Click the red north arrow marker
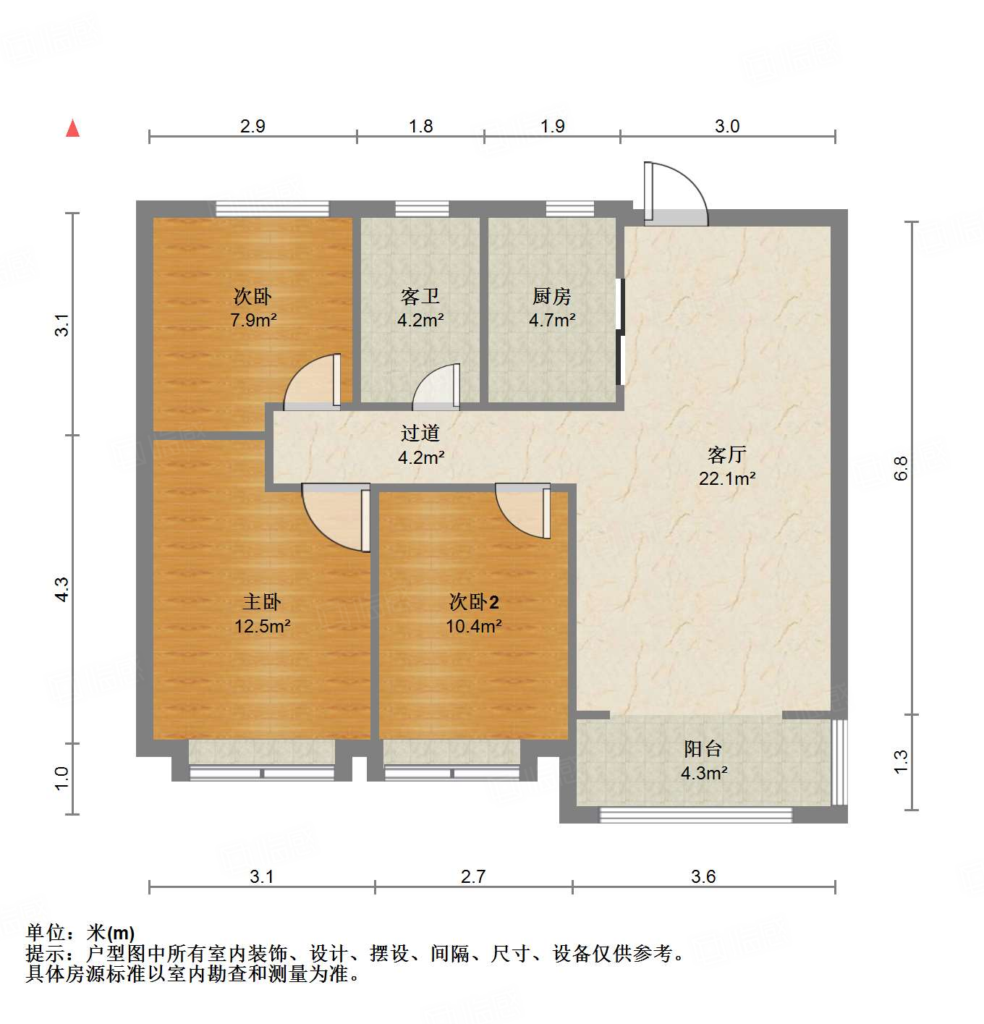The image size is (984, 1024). point(72,128)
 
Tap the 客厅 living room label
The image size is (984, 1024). point(726,454)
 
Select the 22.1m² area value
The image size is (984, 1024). point(726,478)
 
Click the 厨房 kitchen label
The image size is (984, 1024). point(551,296)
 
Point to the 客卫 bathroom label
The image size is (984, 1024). point(420,296)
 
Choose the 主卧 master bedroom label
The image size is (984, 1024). point(261,601)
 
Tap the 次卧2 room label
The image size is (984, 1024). point(474,601)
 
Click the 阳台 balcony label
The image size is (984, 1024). point(703,748)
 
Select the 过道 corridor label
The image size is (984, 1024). point(420,433)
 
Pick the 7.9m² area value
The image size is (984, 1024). point(253,320)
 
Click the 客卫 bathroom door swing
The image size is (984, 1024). point(436,386)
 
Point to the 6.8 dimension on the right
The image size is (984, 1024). point(901,468)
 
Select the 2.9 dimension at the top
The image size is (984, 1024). point(253,126)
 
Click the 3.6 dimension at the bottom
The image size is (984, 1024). point(703,876)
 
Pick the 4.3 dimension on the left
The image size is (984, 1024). point(62,589)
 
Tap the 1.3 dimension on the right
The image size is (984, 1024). point(901,761)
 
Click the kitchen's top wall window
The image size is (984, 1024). point(569,209)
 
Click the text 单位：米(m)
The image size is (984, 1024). point(80,933)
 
